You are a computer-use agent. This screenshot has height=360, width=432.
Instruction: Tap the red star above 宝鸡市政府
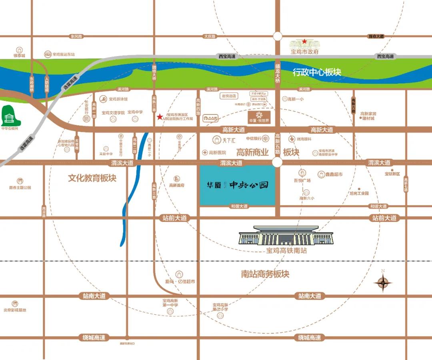click(x=304, y=41)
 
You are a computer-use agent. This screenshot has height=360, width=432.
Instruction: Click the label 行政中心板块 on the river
click(x=317, y=72)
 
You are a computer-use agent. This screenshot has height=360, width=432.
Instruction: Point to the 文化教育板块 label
click(x=92, y=178)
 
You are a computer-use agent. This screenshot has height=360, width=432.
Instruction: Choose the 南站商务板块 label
click(x=265, y=274)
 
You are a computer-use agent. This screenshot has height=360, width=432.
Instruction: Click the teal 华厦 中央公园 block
click(x=238, y=185)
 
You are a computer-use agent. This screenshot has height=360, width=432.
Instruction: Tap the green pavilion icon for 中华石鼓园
click(x=9, y=116)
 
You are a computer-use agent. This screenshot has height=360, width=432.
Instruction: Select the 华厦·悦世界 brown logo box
click(x=260, y=117)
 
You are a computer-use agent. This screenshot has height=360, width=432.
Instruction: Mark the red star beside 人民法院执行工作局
click(x=160, y=117)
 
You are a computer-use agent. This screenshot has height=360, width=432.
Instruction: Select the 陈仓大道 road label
click(x=376, y=36)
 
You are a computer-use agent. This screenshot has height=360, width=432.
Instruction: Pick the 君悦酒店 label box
click(x=229, y=96)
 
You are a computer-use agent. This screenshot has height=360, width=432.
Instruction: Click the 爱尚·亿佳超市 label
click(x=180, y=282)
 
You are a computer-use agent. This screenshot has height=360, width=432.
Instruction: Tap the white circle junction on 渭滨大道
click(x=277, y=162)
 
